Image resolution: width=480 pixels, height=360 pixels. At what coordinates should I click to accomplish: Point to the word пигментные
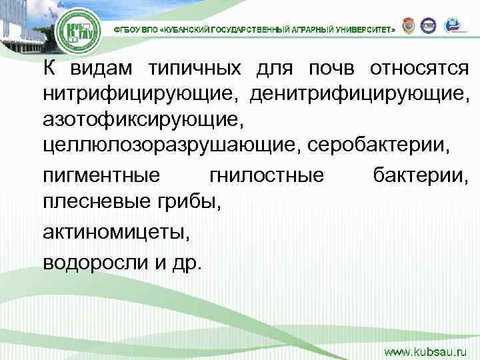[x=101, y=175]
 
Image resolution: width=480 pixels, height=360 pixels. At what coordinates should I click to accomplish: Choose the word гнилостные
[x=267, y=175]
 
